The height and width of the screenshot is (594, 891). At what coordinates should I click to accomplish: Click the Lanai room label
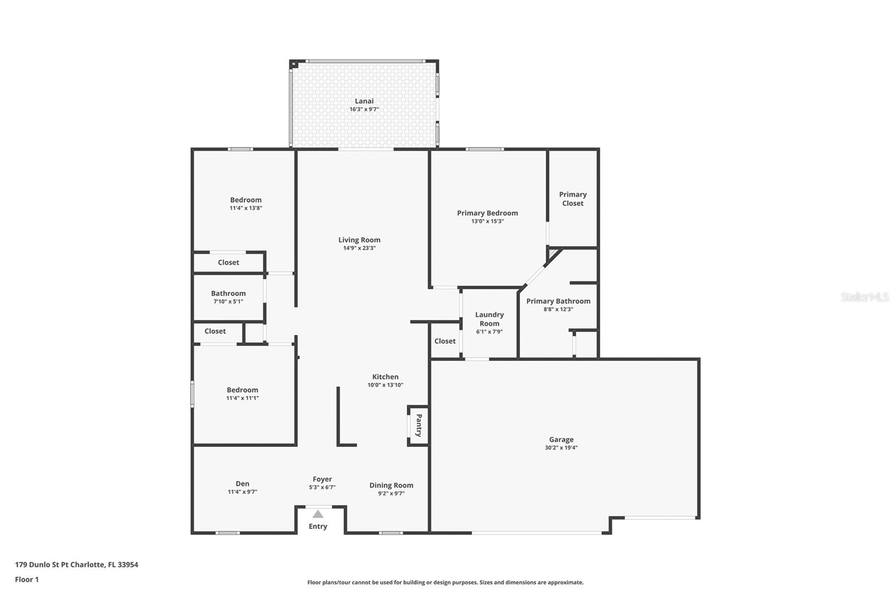click(364, 101)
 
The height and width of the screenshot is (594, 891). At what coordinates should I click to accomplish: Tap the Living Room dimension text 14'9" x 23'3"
click(359, 248)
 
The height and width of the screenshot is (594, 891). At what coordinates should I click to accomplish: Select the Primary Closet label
click(573, 199)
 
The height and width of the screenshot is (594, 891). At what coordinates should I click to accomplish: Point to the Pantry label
click(419, 425)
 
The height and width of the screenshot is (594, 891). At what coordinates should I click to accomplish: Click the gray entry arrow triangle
click(318, 514)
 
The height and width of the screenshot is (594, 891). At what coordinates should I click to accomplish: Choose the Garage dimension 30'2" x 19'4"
click(561, 447)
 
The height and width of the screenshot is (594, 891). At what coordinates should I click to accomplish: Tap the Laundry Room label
click(489, 319)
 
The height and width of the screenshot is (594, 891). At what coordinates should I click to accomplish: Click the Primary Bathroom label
click(558, 301)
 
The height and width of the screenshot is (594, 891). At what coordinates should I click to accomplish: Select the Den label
click(242, 484)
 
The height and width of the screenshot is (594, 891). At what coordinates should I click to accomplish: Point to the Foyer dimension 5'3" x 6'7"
click(322, 488)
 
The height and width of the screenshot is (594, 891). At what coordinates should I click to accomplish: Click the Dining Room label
click(391, 485)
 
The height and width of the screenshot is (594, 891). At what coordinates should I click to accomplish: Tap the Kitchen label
click(385, 377)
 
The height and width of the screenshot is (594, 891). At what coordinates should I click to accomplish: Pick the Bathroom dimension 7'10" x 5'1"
click(228, 301)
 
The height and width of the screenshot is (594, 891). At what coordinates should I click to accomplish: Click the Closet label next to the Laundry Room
click(445, 341)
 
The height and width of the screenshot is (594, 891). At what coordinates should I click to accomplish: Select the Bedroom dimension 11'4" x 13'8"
click(246, 208)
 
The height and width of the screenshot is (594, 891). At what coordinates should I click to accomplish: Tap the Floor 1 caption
click(27, 580)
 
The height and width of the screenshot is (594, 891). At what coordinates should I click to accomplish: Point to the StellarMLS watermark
click(865, 297)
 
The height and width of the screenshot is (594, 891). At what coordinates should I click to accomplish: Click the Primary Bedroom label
click(487, 213)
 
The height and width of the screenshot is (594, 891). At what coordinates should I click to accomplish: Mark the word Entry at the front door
click(318, 527)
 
